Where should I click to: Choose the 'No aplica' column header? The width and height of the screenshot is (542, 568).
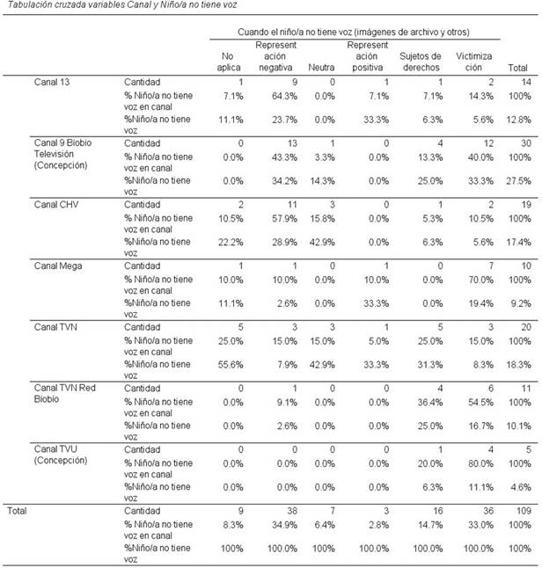[x=225, y=61]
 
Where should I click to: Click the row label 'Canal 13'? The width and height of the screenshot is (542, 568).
[x=54, y=82]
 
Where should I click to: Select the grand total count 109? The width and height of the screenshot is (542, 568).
[x=523, y=508]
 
